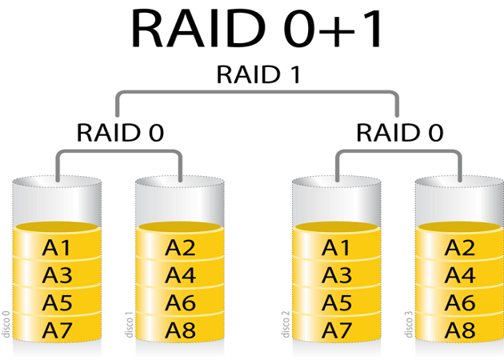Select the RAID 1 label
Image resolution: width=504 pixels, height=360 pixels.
[x=258, y=75]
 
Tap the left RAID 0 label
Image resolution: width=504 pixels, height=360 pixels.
[x=120, y=132]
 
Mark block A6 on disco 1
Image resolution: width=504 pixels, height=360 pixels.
[x=180, y=302]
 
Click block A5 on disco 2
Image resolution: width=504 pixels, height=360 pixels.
[x=337, y=302]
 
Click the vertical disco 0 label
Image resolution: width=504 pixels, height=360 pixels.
[x=6, y=324]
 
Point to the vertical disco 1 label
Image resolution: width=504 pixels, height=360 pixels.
[x=128, y=324]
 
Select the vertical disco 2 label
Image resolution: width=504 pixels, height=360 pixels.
[x=285, y=324]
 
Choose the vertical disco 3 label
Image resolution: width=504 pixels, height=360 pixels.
[x=408, y=324]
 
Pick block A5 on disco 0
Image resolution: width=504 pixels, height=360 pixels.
[x=57, y=302]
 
